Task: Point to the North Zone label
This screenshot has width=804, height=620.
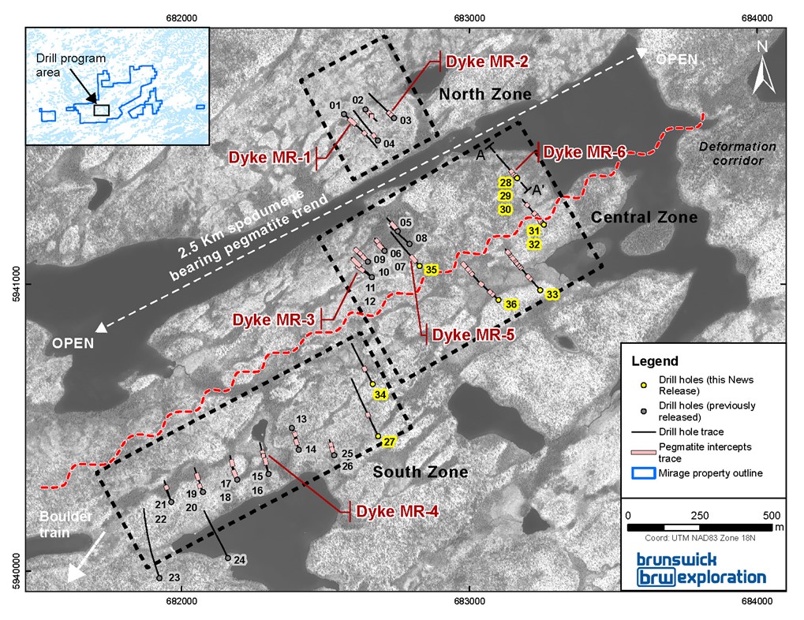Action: click(x=485, y=95)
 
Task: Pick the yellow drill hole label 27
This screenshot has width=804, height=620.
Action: click(x=388, y=443)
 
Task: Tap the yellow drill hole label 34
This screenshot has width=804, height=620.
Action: click(x=381, y=394)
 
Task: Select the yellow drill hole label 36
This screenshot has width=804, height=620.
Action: click(x=510, y=304)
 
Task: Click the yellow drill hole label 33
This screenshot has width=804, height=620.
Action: click(x=552, y=295)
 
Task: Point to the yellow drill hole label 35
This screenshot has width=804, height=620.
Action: click(x=431, y=271)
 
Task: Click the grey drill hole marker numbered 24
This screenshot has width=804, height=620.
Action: click(x=228, y=558)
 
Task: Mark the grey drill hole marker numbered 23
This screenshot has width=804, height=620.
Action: click(x=159, y=578)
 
